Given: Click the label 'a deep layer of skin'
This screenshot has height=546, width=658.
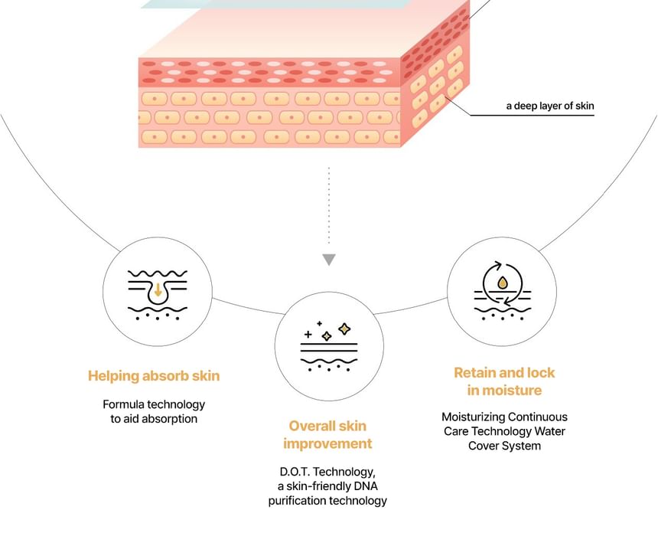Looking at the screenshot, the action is point(549,106).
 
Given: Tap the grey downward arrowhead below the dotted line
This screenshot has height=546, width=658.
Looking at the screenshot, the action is point(329,260).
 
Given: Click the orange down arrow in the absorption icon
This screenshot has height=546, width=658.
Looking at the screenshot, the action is point(158,289).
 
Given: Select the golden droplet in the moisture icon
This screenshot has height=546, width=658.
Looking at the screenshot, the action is point(503,283).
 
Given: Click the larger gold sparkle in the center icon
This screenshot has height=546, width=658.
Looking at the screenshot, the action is point(344,329).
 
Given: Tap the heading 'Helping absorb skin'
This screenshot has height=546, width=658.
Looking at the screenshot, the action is point(154,375).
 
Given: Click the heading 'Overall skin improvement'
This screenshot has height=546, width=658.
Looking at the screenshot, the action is point(327,435).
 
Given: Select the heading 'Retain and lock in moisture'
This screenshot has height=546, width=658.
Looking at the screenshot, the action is point(504,381).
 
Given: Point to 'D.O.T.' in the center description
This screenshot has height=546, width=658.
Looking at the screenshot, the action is point(295,472).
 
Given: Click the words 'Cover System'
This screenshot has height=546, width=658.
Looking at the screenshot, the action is point(504,446).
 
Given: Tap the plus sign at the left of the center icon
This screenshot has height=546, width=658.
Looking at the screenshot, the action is point(308,335).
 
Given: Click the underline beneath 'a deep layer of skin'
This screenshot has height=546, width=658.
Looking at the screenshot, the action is point(532,115).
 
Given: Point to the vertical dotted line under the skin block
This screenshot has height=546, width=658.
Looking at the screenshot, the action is point(329,205).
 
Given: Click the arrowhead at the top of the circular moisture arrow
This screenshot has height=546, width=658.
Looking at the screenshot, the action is point(498,265).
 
